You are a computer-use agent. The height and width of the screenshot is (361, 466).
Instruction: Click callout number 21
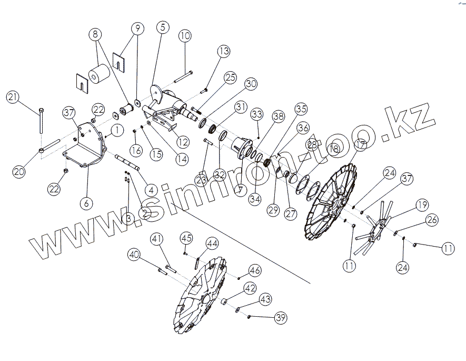(13, 97)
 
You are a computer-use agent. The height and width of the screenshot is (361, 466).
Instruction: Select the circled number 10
(184, 36)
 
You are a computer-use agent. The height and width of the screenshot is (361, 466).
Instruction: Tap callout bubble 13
(224, 51)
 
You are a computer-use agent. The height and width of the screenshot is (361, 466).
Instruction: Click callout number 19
(421, 204)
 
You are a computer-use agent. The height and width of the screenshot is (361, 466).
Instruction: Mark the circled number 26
(431, 220)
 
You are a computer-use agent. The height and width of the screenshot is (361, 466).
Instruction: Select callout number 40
(134, 255)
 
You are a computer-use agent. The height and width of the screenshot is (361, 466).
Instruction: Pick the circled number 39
(281, 317)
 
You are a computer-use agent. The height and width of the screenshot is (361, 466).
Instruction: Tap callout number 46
(255, 271)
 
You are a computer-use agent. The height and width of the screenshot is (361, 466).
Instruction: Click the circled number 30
(251, 84)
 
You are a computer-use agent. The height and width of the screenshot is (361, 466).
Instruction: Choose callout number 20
(19, 171)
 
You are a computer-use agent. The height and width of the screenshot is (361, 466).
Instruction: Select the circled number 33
(256, 114)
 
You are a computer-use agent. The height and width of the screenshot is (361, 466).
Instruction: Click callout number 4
(152, 189)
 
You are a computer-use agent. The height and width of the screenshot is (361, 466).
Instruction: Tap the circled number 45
(186, 238)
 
